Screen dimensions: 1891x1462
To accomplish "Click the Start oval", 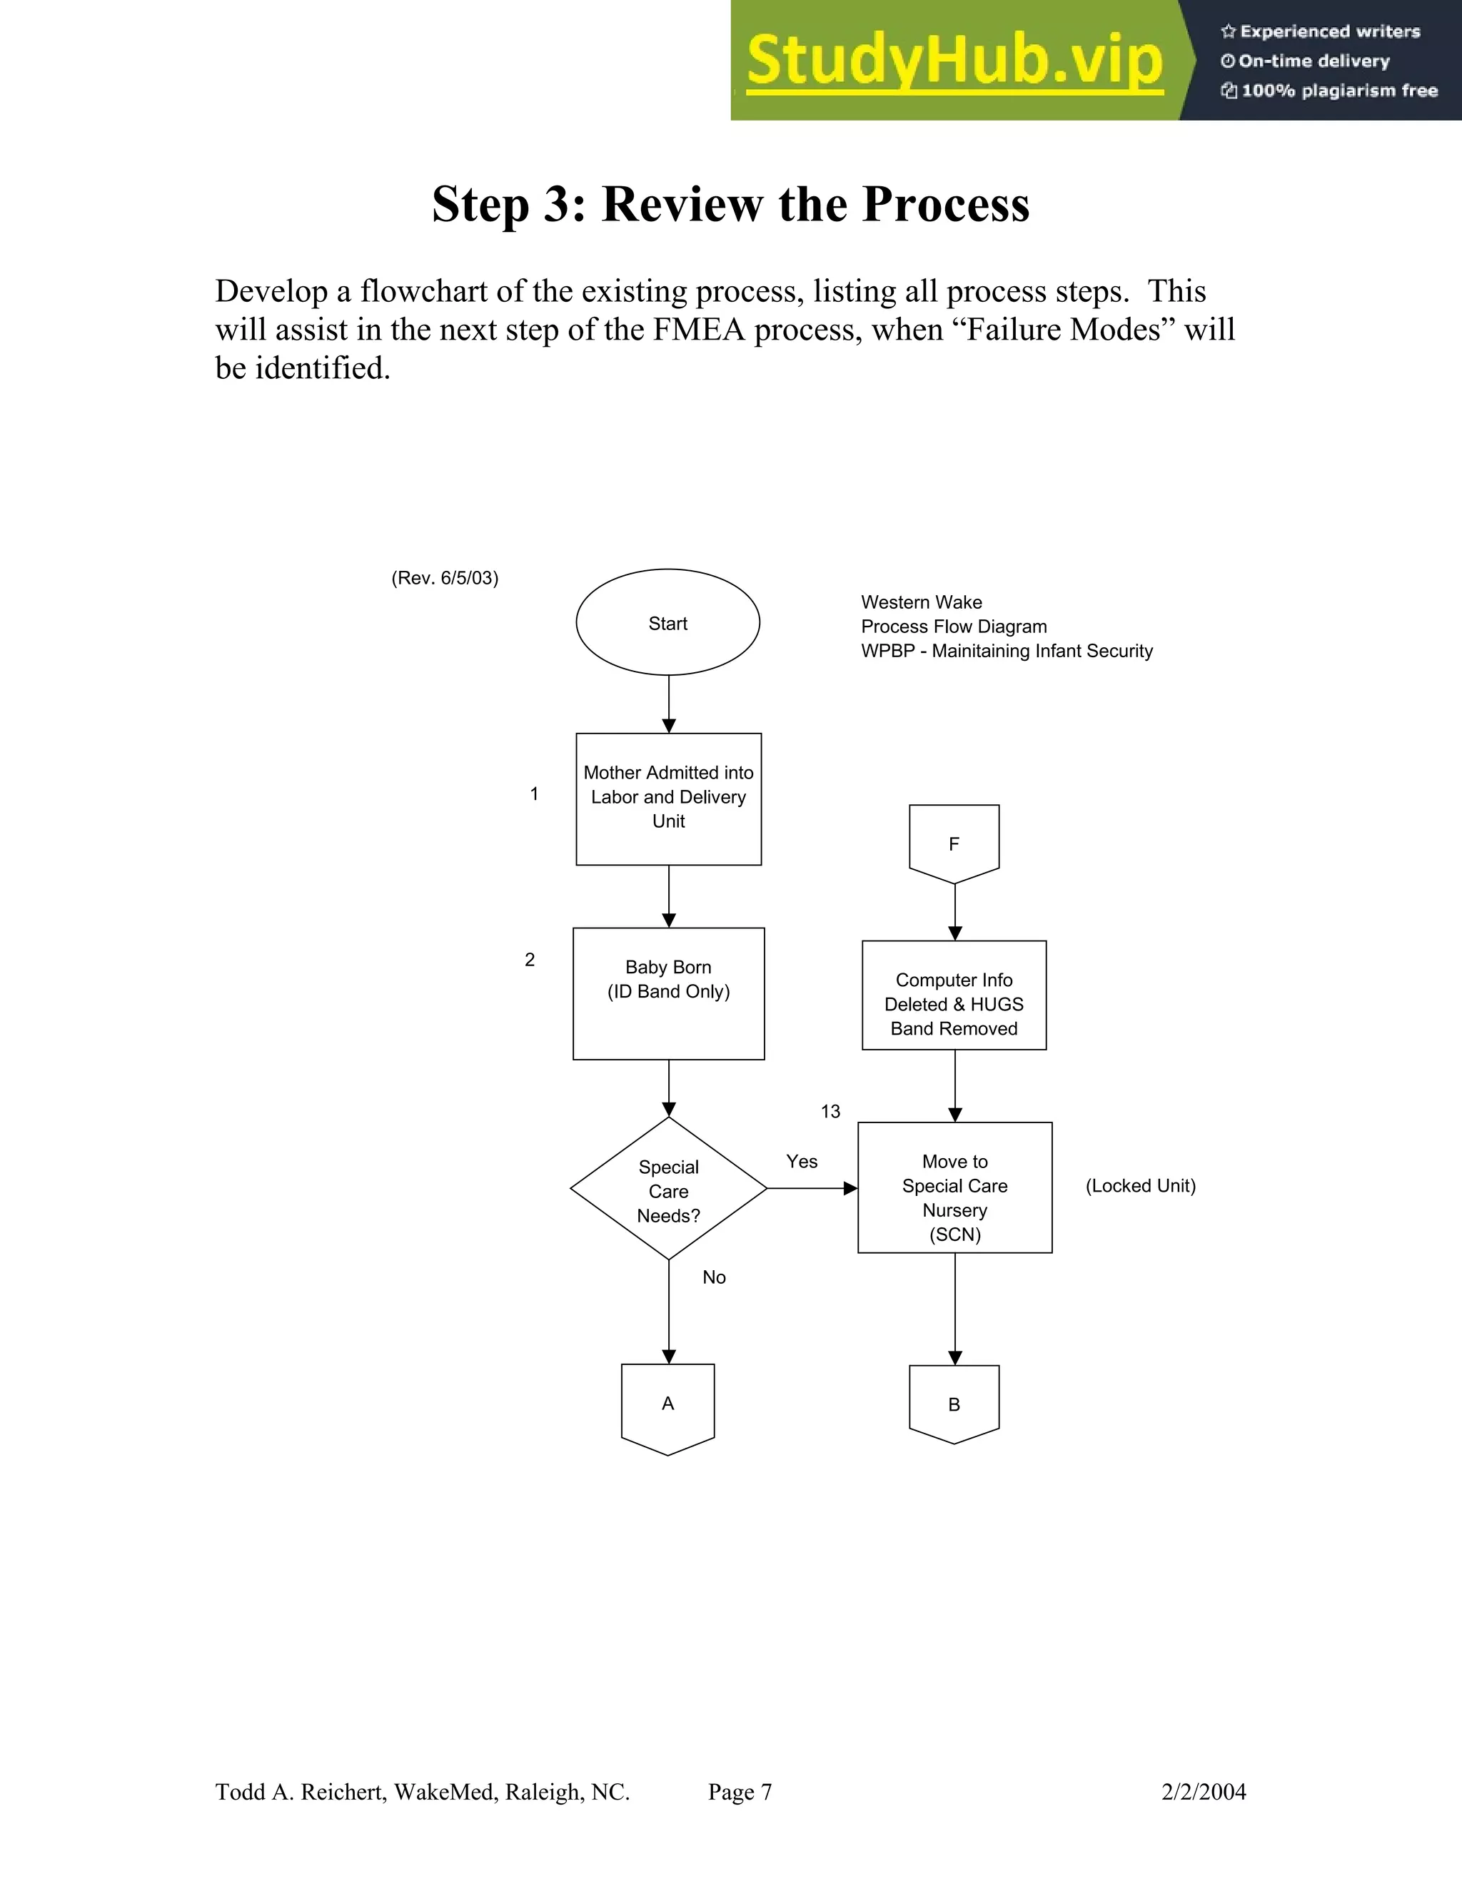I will [x=667, y=622].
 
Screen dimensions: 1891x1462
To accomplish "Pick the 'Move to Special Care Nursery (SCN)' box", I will [x=954, y=1188].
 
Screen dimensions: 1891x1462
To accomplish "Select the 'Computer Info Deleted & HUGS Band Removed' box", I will [x=954, y=995].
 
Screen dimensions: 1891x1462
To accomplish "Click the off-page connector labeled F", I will [x=954, y=841].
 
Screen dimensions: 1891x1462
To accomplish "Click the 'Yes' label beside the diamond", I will [x=801, y=1162].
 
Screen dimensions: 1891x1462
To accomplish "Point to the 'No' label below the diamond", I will [x=714, y=1277].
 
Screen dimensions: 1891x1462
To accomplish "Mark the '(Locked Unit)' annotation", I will [x=1140, y=1186].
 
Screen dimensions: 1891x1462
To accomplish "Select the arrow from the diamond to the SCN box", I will [x=812, y=1189].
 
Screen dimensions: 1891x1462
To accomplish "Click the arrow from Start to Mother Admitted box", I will [x=669, y=704].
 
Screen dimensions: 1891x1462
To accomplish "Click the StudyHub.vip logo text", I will [x=954, y=61].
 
